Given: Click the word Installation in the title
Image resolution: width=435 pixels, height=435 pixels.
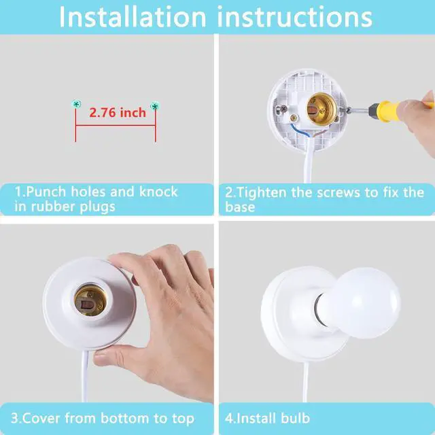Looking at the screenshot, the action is (x=133, y=17).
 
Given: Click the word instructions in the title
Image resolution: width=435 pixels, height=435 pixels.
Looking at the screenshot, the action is (x=294, y=17).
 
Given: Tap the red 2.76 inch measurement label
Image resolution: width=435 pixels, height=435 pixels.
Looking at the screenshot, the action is (x=118, y=113).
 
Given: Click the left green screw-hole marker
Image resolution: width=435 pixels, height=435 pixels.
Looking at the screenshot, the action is (x=76, y=104).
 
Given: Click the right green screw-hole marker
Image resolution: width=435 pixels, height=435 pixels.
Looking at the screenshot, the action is (x=155, y=106).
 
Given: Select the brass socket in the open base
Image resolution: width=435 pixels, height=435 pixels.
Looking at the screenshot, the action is (x=321, y=108).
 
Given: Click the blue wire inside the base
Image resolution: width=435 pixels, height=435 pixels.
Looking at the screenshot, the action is (x=300, y=130).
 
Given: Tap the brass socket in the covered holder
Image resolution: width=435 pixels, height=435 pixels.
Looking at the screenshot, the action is (x=90, y=301).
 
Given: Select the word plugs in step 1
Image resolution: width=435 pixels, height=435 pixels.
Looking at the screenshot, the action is (x=97, y=207).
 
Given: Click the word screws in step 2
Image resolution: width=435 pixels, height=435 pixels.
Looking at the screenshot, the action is (x=338, y=193).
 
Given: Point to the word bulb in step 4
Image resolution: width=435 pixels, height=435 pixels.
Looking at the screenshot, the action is (x=295, y=418).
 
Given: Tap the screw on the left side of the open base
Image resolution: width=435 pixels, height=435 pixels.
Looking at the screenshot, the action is (x=283, y=109).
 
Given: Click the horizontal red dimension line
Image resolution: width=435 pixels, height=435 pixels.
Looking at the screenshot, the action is (x=116, y=125).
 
